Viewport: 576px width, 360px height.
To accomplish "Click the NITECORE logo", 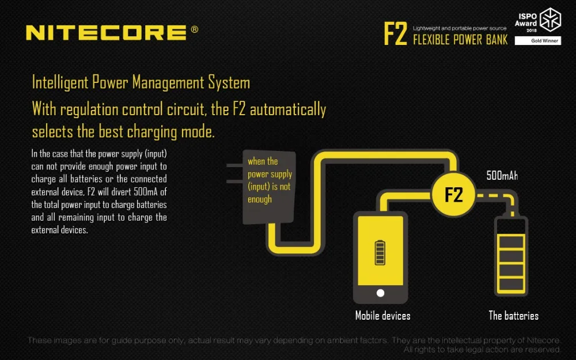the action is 106,32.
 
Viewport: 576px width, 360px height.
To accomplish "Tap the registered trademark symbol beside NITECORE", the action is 194,29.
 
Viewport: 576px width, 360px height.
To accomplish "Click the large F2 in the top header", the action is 395,33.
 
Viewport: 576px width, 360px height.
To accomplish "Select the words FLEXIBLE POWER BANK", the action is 460,40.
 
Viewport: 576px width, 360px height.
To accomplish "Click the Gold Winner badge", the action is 538,41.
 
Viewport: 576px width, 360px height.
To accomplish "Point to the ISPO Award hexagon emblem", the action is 550,20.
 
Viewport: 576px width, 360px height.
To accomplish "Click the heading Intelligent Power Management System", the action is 141,82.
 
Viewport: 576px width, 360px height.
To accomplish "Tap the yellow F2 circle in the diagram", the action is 454,194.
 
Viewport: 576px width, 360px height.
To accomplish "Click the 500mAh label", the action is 502,176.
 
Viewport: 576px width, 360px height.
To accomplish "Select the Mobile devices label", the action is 383,316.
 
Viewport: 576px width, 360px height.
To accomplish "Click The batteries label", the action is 514,316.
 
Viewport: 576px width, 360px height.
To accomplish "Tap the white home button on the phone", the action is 381,293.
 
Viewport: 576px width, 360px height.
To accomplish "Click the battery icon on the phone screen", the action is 380,253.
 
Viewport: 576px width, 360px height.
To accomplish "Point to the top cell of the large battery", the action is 511,242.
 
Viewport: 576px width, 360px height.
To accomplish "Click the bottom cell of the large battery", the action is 511,284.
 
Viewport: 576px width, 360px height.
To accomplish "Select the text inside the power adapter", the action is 270,180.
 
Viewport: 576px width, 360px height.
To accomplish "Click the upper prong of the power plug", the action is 235,165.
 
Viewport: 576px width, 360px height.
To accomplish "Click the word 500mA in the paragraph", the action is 146,191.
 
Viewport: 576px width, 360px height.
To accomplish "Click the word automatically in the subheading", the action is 288,110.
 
